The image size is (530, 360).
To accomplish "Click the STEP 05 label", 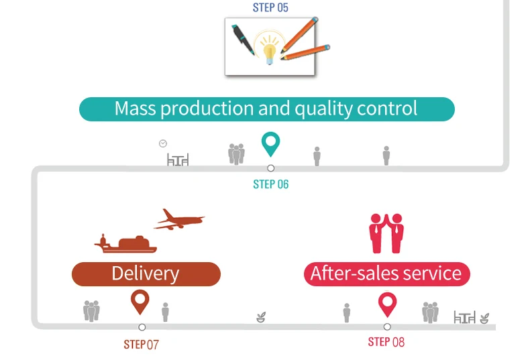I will [x=270, y=8].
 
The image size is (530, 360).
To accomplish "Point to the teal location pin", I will [x=270, y=143].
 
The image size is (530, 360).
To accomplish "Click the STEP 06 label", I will [x=270, y=184].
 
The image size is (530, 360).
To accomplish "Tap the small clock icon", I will [x=162, y=143].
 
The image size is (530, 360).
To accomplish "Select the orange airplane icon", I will [x=179, y=219].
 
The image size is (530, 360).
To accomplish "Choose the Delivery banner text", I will [x=146, y=274].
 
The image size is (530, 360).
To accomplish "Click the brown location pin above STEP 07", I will [x=140, y=301].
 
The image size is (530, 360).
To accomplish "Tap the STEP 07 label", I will [x=141, y=345].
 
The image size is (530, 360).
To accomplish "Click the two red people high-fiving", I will [x=386, y=233].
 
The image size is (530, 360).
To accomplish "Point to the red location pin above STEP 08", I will [x=386, y=304].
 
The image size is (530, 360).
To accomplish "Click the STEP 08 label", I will [x=386, y=342].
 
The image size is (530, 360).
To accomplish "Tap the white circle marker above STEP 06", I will [x=270, y=168].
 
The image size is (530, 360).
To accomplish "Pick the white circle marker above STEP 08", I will [x=387, y=327].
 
